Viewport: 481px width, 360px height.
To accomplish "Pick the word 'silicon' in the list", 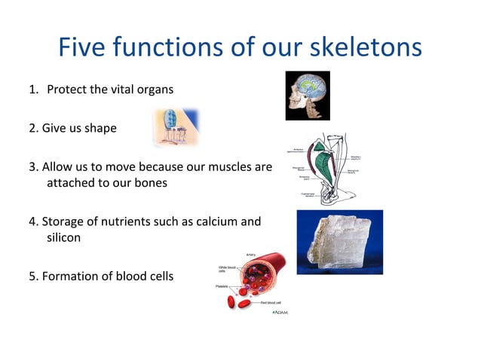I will (64, 237).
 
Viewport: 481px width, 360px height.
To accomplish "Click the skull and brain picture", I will (308, 96).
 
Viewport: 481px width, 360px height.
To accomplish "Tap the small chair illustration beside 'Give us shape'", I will (175, 127).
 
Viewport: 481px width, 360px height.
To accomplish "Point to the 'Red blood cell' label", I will (271, 302).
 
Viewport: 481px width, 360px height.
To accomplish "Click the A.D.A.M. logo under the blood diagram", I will (280, 312).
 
